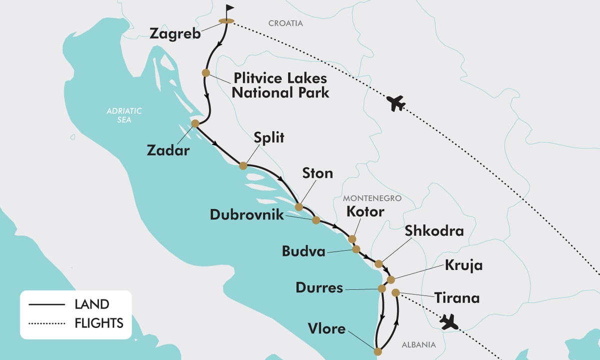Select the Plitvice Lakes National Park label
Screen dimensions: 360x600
(x=280, y=85)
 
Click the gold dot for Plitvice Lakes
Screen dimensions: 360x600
(x=205, y=73)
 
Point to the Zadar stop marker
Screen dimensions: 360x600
(x=195, y=123)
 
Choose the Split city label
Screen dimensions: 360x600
(x=268, y=138)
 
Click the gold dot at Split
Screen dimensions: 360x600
(x=243, y=165)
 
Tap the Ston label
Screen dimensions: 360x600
(x=317, y=173)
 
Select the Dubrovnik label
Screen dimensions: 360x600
(x=246, y=214)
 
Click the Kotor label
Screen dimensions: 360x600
(x=365, y=211)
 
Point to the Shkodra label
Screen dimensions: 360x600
(x=434, y=231)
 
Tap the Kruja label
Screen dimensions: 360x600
(x=463, y=265)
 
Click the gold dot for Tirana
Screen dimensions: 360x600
(x=395, y=292)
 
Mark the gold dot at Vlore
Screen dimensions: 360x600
(x=377, y=350)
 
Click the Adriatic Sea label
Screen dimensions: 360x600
(x=124, y=115)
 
